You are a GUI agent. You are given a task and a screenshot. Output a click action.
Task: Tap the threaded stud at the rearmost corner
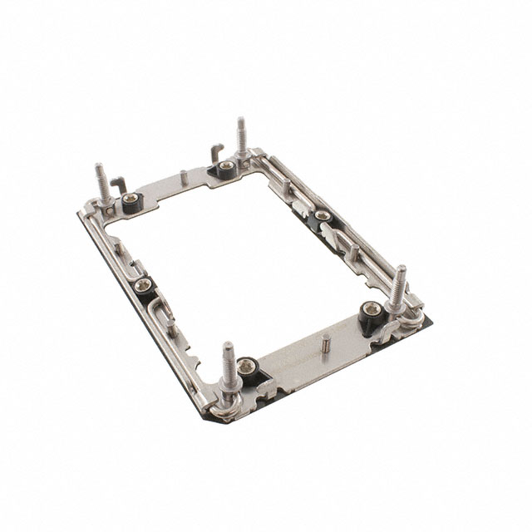tap(241, 137)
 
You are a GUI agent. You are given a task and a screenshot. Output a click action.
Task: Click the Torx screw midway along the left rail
tap(140, 287)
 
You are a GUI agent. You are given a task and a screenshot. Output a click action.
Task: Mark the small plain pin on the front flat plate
tap(326, 342)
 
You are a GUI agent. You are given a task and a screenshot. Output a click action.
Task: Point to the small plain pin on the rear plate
tap(182, 177)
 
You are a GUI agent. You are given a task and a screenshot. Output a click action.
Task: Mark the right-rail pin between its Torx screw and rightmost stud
tap(355, 253)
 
